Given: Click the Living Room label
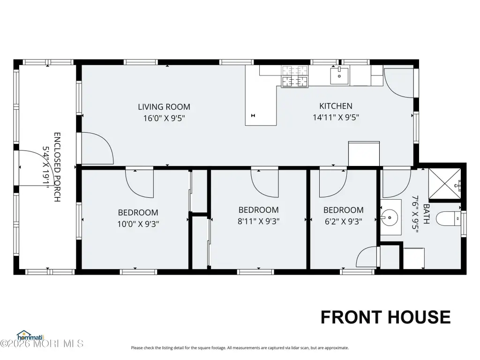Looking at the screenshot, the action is (164, 107).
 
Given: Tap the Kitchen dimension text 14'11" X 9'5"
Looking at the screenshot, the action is (336, 118).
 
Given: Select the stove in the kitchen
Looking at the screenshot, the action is (295, 76).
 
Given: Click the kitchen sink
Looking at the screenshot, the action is (339, 76).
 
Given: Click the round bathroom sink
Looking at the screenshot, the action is (390, 217).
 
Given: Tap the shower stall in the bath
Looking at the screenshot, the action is (444, 184).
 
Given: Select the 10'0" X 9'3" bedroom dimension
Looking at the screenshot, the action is (138, 224).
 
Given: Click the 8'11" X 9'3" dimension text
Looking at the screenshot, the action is (259, 221).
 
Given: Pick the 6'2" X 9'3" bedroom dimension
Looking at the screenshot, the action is (344, 221).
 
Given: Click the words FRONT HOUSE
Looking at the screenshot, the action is (385, 317).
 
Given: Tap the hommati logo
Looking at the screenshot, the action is (30, 336).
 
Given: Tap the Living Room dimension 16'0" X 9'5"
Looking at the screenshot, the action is (164, 118).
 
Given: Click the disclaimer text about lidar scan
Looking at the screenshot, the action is (240, 348).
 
